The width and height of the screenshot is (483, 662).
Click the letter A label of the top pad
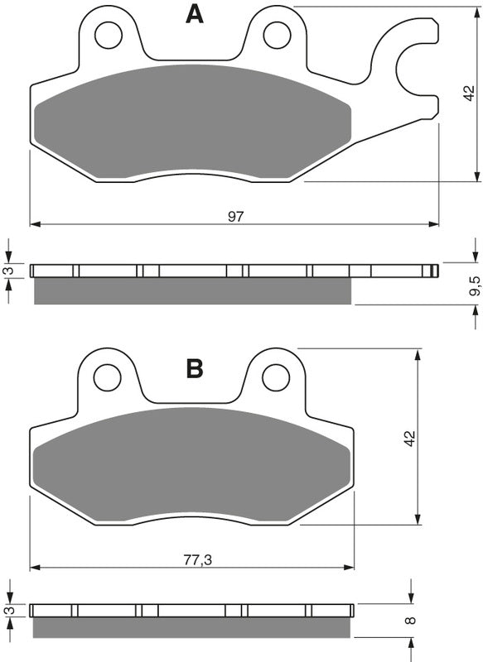[194, 14]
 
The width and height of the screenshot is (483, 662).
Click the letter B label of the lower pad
[195, 368]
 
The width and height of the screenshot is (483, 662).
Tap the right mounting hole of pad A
[276, 34]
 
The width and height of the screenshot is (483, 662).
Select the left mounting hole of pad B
[107, 377]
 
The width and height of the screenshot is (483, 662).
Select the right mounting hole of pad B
[276, 377]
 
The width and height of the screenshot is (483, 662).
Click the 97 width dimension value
[236, 217]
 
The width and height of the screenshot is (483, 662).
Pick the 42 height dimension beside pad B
[408, 438]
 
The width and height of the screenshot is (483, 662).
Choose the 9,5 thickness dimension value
[473, 288]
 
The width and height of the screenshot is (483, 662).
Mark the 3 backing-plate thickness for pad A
[9, 271]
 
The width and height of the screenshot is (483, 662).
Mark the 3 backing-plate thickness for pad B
[9, 611]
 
